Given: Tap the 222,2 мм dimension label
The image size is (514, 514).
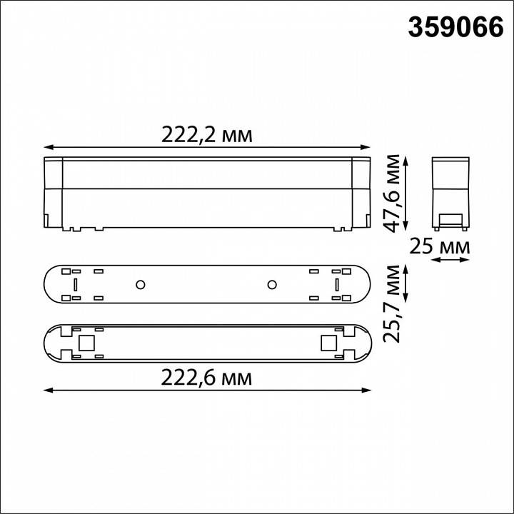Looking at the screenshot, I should [x=206, y=134].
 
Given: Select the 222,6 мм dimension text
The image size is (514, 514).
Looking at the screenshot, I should [x=206, y=377].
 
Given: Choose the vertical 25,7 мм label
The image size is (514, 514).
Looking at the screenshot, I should [x=392, y=303].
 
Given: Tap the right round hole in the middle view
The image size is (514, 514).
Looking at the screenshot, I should [x=272, y=286].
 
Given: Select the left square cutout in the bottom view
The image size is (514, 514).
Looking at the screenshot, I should [x=87, y=343].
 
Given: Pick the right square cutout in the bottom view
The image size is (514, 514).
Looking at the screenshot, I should [x=328, y=343].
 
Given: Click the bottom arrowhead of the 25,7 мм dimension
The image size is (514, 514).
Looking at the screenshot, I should [x=405, y=300].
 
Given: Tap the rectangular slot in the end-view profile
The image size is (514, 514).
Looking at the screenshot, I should [x=450, y=218].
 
